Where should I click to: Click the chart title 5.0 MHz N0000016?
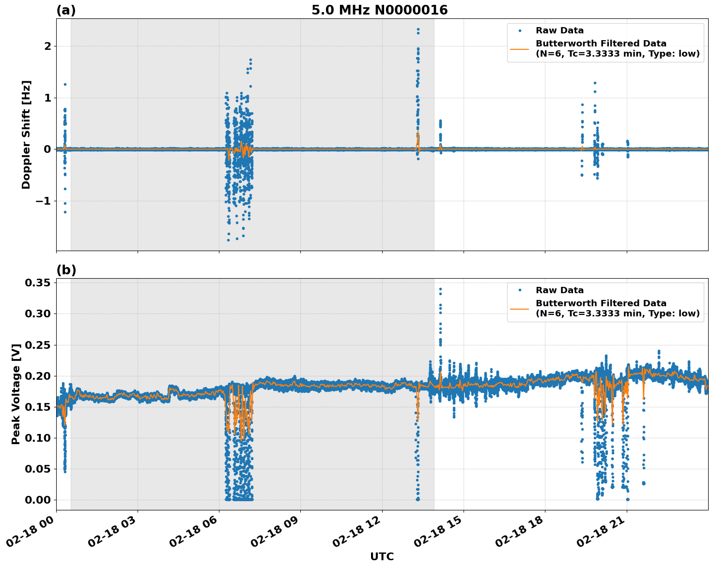click(x=379, y=10)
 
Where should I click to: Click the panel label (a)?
click(x=66, y=10)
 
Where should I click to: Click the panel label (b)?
click(x=66, y=270)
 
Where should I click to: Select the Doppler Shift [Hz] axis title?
click(x=26, y=134)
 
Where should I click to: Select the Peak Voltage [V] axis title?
click(x=16, y=394)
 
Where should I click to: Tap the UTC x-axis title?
click(x=382, y=556)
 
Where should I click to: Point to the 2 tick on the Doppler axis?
click(x=47, y=46)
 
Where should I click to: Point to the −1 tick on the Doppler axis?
click(x=44, y=201)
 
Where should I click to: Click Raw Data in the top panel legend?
click(x=559, y=31)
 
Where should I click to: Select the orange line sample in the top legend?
click(x=520, y=48)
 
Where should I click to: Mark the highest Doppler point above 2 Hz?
click(x=418, y=29)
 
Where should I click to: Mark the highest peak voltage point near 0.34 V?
click(x=440, y=289)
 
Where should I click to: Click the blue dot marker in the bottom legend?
click(x=520, y=290)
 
